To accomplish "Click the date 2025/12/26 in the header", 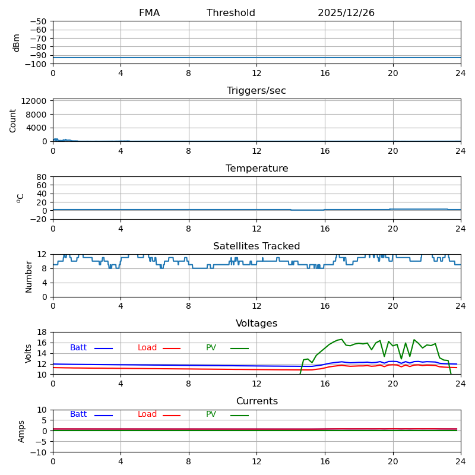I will coord(346,13).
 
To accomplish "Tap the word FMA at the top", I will coord(149,13).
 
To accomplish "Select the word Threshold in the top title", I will coord(231,13).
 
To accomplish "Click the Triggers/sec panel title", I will coord(256,91).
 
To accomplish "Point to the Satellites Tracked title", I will coord(256,246).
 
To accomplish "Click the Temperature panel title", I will coord(256,169).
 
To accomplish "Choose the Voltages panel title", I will coord(256,324).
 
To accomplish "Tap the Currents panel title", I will coord(256,401).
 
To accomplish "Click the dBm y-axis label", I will coord(17,43).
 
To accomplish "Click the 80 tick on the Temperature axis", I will coord(42,177).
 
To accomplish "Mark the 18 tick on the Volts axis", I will coord(42,332).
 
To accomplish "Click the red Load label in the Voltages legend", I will coord(147,348).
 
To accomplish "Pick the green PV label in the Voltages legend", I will coord(211,348).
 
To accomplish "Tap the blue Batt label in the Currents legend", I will coord(78,414).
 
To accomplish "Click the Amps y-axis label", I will coord(21,431).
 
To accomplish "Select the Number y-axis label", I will coord(28,276).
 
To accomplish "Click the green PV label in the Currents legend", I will coord(211,414).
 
